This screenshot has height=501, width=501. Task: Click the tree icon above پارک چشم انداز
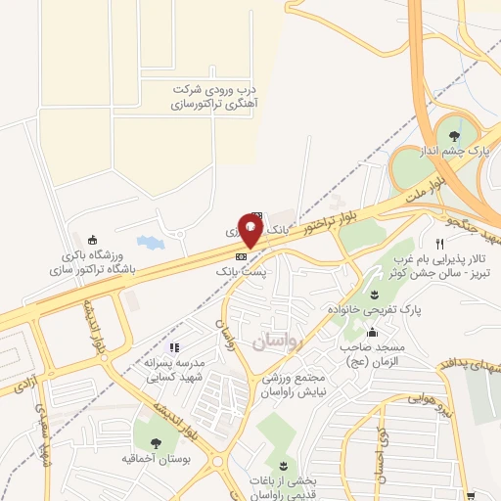451,136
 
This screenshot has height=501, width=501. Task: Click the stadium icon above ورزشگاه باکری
93,241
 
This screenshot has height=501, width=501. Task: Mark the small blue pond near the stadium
149,241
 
